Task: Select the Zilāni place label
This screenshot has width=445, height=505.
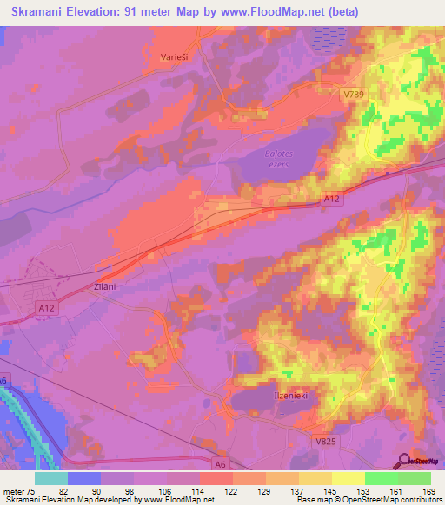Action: tap(103, 285)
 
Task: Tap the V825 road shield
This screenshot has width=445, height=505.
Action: tap(324, 441)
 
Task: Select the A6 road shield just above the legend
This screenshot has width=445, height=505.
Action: tap(221, 465)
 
